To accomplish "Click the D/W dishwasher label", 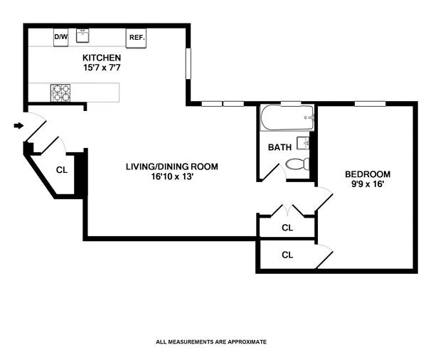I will pyautogui.click(x=61, y=37).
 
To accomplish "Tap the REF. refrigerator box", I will pyautogui.click(x=135, y=38).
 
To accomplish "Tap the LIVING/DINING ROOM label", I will pyautogui.click(x=172, y=167).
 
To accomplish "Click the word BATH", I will pyautogui.click(x=279, y=148).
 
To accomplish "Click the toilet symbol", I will pyautogui.click(x=297, y=165).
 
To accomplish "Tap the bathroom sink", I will pyautogui.click(x=304, y=143).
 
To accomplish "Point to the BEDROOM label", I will pyautogui.click(x=368, y=174).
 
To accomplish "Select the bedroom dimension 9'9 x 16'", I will pyautogui.click(x=368, y=184).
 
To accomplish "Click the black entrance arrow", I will pyautogui.click(x=18, y=127).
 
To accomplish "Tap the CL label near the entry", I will pyautogui.click(x=62, y=170).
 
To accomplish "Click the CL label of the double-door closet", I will pyautogui.click(x=287, y=228).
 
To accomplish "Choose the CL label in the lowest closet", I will pyautogui.click(x=287, y=255).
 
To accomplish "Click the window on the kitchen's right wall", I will pyautogui.click(x=188, y=64).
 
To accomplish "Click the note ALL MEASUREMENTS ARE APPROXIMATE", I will pyautogui.click(x=210, y=342).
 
